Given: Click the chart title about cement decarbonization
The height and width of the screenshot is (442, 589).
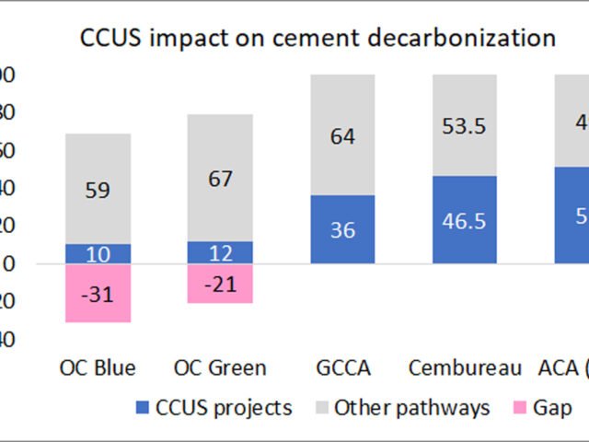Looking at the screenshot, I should tap(318, 38).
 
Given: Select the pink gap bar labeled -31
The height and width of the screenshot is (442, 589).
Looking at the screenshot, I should tap(97, 294).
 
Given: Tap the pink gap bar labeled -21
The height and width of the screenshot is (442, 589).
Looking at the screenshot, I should tap(219, 284).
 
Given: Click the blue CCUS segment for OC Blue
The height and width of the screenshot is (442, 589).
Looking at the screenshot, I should tap(97, 254).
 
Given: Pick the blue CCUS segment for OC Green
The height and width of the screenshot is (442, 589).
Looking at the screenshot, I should tap(219, 252).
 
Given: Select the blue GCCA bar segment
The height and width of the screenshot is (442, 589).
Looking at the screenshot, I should tap(342, 229).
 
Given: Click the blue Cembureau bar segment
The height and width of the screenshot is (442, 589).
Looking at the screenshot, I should tap(465, 220).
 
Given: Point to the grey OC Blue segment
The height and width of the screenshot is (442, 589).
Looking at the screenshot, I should tap(97, 189).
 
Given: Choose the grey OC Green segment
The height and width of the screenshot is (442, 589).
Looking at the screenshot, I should tap(219, 178).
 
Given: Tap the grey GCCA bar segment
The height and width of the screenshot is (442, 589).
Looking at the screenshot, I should tap(342, 134).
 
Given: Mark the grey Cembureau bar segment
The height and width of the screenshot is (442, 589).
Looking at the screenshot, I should tap(465, 125).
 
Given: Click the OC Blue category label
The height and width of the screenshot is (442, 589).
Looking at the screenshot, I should tap(97, 368).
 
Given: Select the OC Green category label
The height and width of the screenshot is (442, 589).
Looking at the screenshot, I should tap(220, 368).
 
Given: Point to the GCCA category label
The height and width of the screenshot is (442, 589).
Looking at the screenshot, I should tap(342, 368).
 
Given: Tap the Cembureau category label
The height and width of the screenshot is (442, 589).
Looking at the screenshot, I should tap(465, 368).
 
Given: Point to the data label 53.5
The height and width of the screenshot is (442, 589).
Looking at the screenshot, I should tap(465, 126).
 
